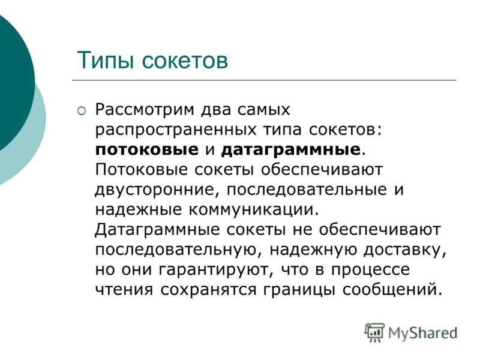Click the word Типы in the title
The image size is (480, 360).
[106, 61]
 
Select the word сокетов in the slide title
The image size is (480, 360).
[185, 61]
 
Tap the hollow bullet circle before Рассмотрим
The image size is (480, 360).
[82, 110]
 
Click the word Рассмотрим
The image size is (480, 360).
[145, 110]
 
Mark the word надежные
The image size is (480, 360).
[139, 209]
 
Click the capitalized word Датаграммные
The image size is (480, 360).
[157, 230]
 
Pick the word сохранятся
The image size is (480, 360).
[208, 290]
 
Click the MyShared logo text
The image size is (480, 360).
[423, 333]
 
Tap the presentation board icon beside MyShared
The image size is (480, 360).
[374, 332]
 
